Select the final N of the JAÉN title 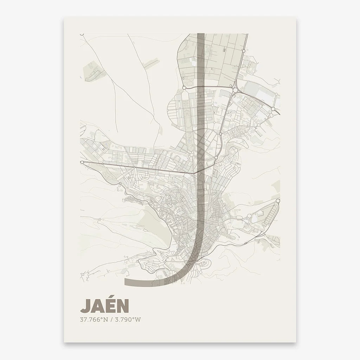(122, 306)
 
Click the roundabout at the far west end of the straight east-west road (82, 162)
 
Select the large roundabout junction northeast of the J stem (234, 91)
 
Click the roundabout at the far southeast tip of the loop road (278, 201)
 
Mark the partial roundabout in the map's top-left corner (82, 34)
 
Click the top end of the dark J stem (201, 34)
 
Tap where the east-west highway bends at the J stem (195, 173)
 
